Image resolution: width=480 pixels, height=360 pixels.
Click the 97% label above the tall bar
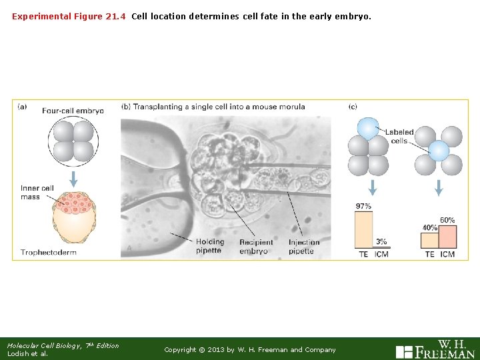click(363, 207)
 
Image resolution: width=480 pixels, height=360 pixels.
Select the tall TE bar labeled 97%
click(363, 230)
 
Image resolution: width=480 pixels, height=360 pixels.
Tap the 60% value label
click(447, 220)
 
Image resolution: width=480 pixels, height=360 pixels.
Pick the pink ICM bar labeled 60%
click(447, 237)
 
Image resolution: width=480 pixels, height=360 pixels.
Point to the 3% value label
click(381, 241)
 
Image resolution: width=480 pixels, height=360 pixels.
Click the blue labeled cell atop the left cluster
click(367, 128)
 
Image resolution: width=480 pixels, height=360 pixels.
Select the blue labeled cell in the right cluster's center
click(439, 151)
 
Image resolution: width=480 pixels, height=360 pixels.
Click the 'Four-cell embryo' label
click(73, 111)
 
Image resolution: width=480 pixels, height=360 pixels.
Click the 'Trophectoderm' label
click(49, 252)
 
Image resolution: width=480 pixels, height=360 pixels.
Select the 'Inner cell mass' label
click(37, 192)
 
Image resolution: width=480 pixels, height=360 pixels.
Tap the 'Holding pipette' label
click(209, 246)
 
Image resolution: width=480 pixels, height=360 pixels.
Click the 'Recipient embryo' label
click(253, 246)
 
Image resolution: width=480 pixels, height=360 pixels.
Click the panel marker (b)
click(126, 106)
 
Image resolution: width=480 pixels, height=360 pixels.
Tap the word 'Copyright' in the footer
click(180, 350)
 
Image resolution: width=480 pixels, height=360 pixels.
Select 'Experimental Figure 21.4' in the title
click(69, 15)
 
